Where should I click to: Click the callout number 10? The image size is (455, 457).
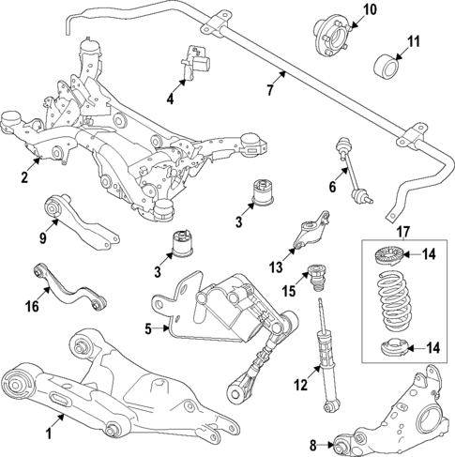tap(369, 10)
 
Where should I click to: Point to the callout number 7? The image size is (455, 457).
tap(269, 90)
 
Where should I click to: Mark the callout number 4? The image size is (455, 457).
tap(171, 99)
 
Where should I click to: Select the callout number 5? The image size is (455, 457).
tap(147, 329)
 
